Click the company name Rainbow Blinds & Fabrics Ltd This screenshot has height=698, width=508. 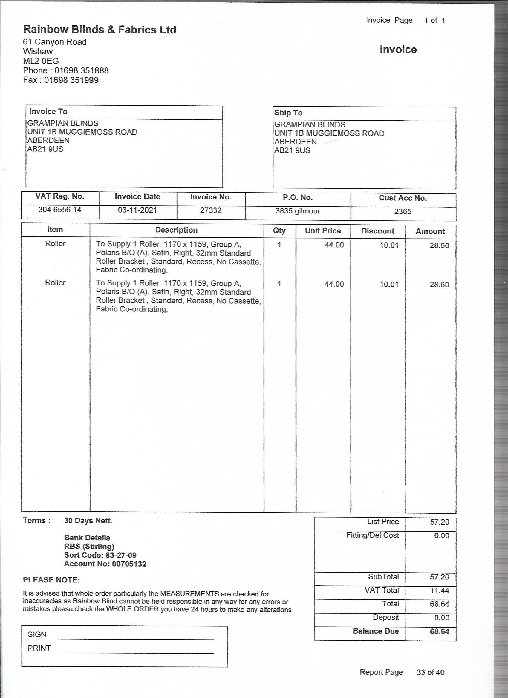100,30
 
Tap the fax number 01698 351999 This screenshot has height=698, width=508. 71,80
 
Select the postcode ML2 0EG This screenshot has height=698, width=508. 41,61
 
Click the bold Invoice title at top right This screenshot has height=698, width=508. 398,50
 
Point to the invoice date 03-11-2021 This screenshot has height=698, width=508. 137,210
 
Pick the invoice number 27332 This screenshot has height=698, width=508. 211,210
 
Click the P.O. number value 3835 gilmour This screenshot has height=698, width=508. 298,211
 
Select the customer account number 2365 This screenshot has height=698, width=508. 403,211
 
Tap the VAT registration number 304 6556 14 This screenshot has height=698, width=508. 60,210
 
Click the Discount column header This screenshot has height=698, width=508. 378,231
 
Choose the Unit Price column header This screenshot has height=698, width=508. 323,231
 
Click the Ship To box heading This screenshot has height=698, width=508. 288,113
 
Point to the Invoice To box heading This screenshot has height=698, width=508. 48,111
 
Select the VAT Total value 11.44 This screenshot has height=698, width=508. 439,590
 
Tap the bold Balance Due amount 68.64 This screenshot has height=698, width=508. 439,631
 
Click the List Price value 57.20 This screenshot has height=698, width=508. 439,522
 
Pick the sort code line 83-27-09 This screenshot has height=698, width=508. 100,555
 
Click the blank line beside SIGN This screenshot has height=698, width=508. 136,635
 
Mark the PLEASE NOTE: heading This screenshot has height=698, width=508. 51,580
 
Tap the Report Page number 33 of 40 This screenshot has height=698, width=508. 430,672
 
